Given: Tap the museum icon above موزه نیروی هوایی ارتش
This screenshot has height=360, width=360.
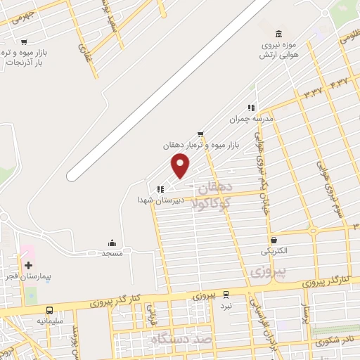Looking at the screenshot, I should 280,34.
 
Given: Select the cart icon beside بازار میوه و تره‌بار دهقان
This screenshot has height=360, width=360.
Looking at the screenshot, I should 201,134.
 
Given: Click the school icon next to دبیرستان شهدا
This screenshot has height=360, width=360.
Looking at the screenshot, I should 161,189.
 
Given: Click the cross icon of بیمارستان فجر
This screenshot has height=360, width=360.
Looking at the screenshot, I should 28,265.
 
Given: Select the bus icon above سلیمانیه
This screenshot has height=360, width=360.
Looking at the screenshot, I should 49,310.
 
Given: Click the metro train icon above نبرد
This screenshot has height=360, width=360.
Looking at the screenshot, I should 225,295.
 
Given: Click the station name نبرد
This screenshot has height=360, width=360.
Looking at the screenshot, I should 225,306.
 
